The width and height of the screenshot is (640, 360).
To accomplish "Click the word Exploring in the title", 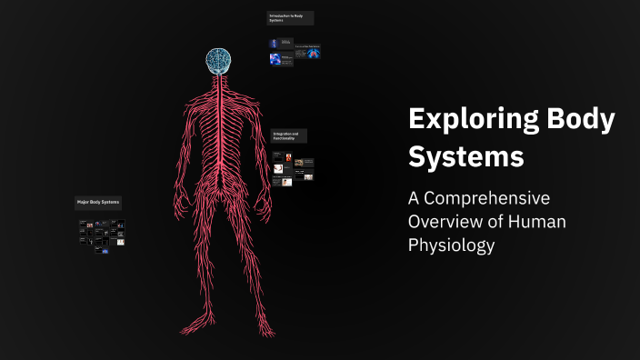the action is click(464, 121).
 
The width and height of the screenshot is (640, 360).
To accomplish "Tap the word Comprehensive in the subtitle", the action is click(492, 198).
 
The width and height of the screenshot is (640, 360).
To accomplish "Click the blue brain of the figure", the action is click(218, 61).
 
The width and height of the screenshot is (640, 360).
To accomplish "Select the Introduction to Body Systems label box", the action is click(290, 18).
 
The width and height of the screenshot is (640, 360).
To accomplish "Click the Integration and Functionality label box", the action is click(289, 135).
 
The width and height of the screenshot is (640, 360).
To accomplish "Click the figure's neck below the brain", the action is click(218, 80).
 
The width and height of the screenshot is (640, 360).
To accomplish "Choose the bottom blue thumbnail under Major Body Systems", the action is click(105, 251).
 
